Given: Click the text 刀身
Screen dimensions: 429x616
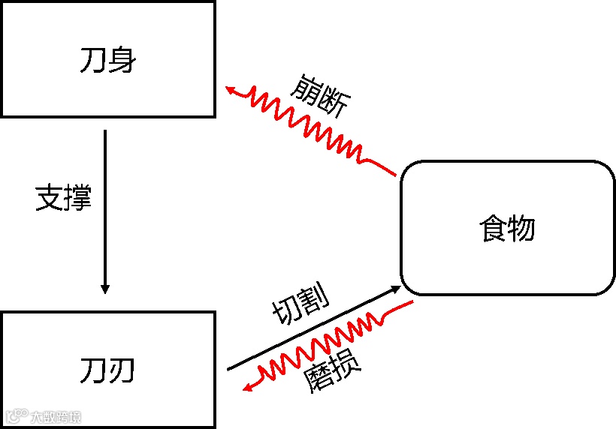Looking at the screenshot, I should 107,60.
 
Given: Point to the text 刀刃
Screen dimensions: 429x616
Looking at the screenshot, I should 107,370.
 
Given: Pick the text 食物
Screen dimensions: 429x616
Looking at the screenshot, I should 507,228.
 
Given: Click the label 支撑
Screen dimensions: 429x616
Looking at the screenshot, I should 64,198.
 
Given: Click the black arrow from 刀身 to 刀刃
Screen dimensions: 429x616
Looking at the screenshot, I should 105,210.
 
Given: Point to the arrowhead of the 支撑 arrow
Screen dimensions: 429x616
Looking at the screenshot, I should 105,289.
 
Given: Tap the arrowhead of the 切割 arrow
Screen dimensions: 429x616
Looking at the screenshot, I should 397,288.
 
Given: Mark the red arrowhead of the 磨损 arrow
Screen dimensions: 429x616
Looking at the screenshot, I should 247,386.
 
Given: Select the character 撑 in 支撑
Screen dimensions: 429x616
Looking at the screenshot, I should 78,198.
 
